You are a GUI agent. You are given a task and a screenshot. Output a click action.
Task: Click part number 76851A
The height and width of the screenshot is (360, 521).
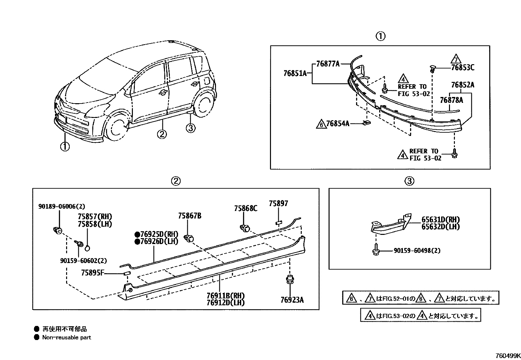point(295,73)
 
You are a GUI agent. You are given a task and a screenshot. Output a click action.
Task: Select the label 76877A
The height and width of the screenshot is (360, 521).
point(328,64)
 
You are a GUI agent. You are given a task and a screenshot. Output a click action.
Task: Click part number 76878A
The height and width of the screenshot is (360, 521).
point(451,100)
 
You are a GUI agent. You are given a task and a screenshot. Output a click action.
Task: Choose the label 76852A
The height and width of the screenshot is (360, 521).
point(462,85)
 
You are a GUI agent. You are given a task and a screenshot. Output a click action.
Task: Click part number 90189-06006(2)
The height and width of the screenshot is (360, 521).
point(62,206)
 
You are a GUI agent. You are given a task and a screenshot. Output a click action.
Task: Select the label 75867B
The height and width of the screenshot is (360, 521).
point(189,216)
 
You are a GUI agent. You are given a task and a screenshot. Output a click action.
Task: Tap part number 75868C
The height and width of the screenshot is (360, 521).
point(245,208)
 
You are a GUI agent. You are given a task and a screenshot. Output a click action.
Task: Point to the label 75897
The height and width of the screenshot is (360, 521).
point(278,203)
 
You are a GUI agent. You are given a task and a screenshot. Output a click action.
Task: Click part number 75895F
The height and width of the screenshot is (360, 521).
point(92,273)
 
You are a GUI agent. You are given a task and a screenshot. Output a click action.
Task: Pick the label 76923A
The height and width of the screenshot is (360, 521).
point(292,299)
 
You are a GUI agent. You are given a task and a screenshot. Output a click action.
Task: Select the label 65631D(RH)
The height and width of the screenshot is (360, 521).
point(440,220)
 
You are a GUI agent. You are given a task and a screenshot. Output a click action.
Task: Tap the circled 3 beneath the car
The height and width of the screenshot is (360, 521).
point(190,128)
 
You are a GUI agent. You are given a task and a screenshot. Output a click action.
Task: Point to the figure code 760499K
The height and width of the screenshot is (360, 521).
point(507,356)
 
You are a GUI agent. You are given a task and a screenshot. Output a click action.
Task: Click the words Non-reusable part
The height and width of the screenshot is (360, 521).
point(66,337)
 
